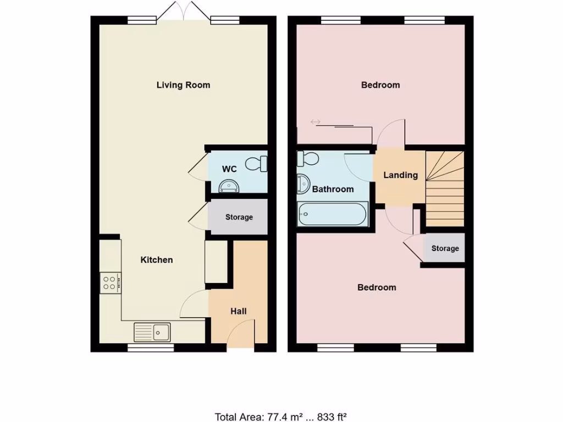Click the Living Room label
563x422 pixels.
(x=183, y=85)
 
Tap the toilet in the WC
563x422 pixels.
(x=257, y=163)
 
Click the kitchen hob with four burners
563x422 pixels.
(x=109, y=282)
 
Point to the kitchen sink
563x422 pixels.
(x=153, y=331)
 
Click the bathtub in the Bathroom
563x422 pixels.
(x=332, y=214)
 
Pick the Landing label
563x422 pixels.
(x=400, y=175)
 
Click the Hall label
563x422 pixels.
(x=238, y=311)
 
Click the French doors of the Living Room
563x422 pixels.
(x=181, y=12)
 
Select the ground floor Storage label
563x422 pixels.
(x=239, y=217)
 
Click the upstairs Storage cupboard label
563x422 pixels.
(x=445, y=248)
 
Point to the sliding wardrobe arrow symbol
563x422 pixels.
(x=316, y=121)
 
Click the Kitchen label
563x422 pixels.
(x=157, y=259)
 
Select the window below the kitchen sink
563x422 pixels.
(x=151, y=348)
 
